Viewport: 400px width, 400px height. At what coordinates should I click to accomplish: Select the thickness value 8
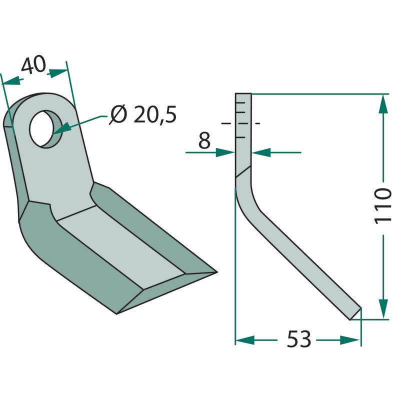[x=204, y=140]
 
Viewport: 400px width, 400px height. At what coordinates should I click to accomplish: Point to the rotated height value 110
[x=383, y=206]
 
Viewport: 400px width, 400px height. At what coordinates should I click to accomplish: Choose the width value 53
[x=299, y=339]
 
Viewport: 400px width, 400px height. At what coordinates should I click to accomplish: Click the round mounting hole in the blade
[x=45, y=129]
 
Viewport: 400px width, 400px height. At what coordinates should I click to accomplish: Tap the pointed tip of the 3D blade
[x=217, y=272]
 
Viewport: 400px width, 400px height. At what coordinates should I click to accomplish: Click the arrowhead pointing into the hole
[x=61, y=128]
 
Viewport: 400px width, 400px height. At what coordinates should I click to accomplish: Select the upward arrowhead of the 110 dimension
[x=383, y=104]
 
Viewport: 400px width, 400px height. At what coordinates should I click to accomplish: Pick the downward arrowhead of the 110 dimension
[x=383, y=309]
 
